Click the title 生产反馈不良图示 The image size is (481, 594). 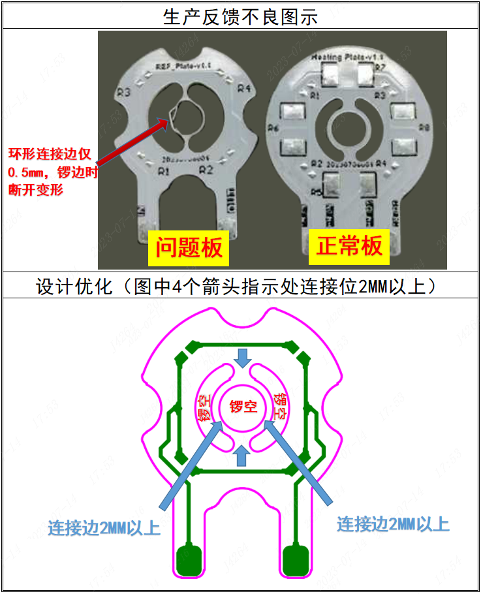click(240, 16)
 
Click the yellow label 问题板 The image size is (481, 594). click(189, 247)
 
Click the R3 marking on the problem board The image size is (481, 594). click(125, 91)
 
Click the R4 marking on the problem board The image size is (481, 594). click(243, 88)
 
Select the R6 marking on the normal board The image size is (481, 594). click(274, 127)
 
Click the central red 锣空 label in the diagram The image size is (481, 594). click(243, 406)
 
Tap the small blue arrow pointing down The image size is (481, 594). click(243, 358)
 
